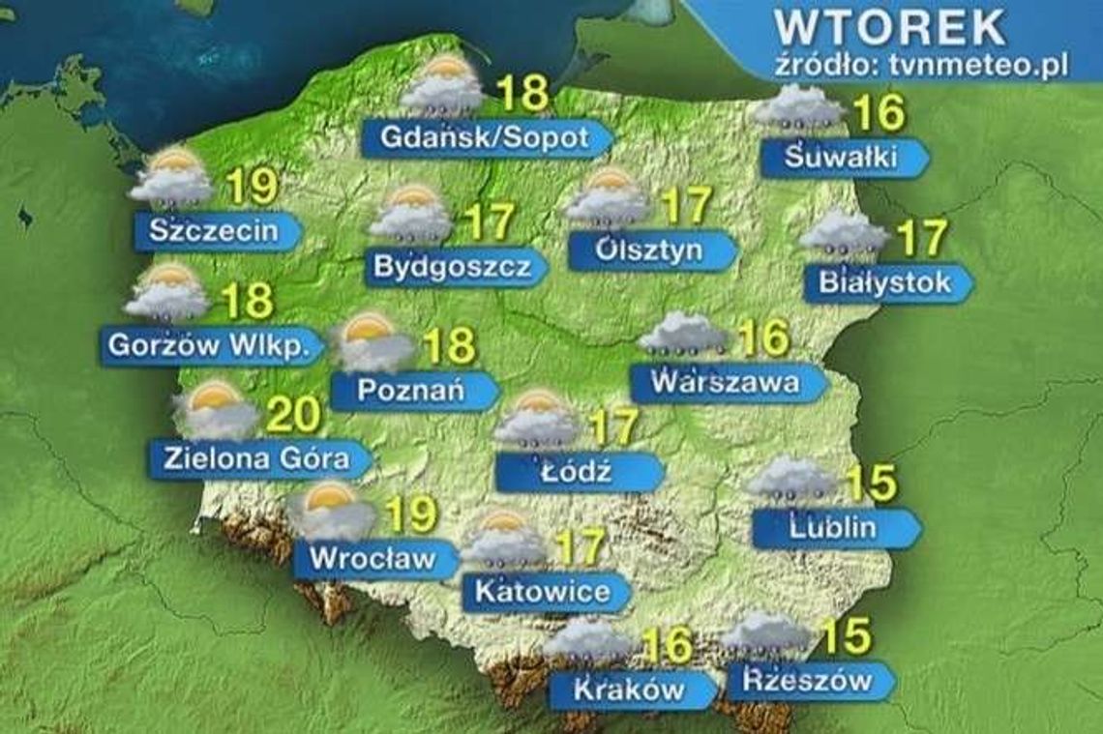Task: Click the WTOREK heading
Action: coord(890,27)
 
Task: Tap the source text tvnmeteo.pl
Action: coord(921,66)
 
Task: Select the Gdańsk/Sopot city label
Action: coord(484,138)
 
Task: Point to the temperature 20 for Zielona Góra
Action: coord(292,415)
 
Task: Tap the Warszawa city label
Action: coord(726,382)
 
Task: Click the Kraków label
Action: coord(629,690)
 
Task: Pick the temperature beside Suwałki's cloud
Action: coord(879,113)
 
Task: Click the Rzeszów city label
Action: coord(807,681)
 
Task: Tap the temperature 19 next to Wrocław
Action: coord(410,514)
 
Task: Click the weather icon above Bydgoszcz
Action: coord(411,214)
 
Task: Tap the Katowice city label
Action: coord(542,591)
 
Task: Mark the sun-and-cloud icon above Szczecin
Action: coord(171,178)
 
